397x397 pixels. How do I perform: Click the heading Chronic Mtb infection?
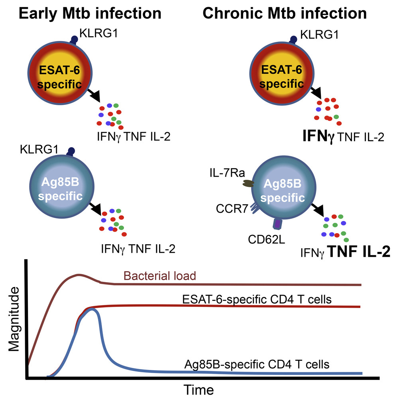pyautogui.click(x=285, y=13)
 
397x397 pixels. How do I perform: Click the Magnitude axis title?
pyautogui.click(x=14, y=320)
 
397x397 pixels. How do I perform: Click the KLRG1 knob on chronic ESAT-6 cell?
pyautogui.click(x=293, y=39)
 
